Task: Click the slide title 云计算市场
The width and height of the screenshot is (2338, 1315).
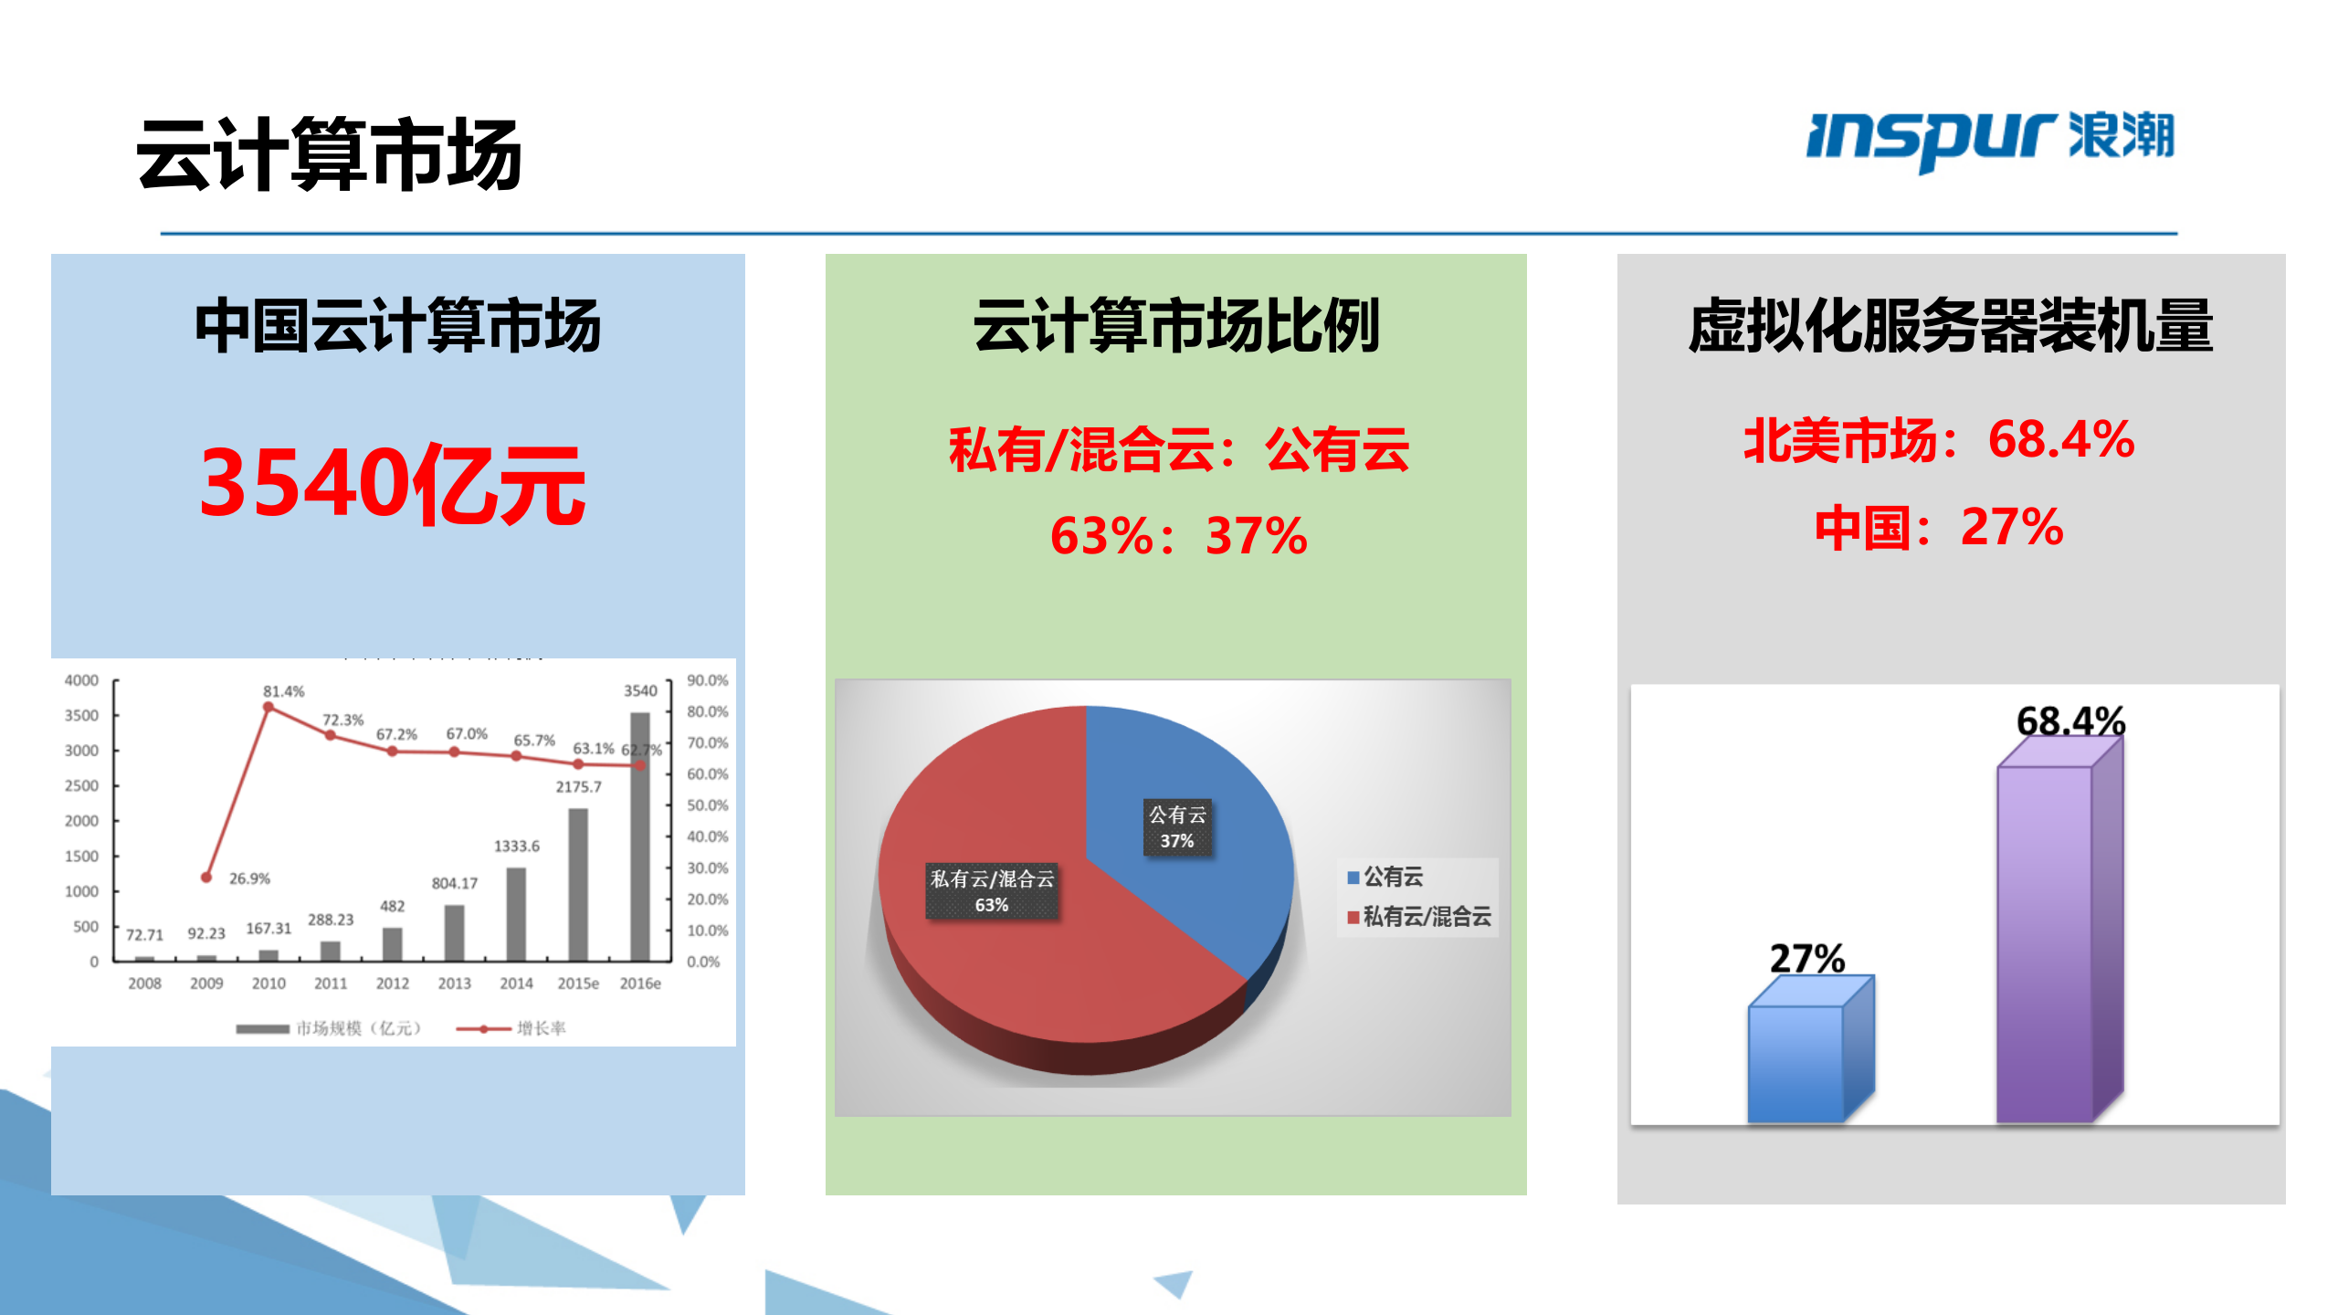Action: pos(329,154)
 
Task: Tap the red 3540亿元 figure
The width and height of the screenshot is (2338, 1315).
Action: pos(393,484)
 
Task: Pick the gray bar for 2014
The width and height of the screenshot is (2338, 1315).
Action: pos(516,913)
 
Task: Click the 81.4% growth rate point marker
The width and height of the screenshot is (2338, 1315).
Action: pos(269,707)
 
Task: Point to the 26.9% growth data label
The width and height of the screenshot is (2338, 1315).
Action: pos(249,878)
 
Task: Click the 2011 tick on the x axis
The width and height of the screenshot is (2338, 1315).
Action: pos(331,984)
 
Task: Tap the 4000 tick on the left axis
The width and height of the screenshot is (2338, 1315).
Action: pos(81,680)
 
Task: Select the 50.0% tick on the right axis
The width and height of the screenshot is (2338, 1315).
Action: pos(708,805)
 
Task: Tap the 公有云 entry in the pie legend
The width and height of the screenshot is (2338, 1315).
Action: pos(1392,877)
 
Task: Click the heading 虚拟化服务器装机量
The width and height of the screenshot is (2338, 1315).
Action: pos(1951,325)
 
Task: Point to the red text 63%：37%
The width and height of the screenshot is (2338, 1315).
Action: pos(1178,535)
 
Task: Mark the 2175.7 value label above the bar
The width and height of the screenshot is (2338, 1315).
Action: pos(579,786)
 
